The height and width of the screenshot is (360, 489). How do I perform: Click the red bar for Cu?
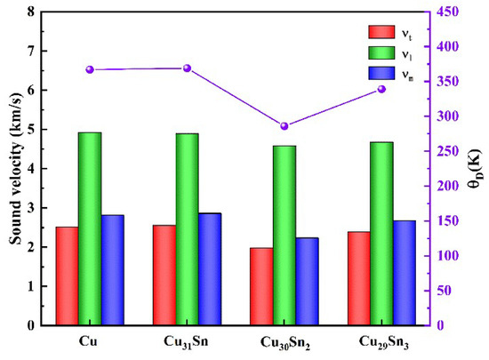pos(67,276)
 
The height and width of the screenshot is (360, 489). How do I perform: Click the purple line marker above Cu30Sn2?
pos(285,126)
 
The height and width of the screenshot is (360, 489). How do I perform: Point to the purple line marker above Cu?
pos(90,69)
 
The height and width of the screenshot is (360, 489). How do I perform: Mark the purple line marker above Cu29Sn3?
pos(381,89)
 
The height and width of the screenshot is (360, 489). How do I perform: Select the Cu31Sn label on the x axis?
pos(188,342)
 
